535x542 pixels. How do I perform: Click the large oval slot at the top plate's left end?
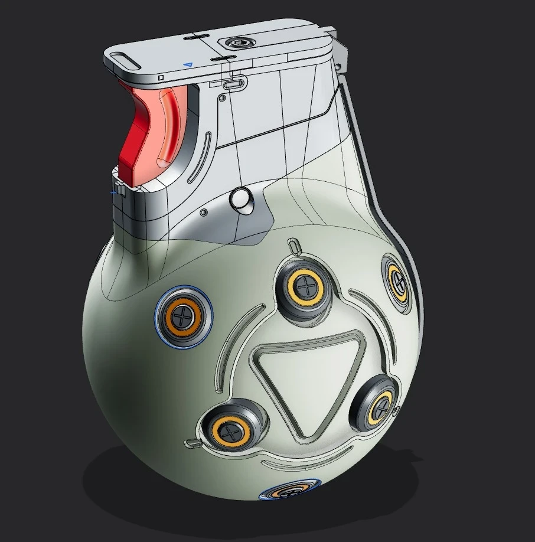124,58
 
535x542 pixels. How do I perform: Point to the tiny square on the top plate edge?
160,77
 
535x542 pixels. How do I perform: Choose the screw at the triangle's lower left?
229,430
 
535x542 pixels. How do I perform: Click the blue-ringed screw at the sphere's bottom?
289,491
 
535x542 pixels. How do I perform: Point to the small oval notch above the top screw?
295,245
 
